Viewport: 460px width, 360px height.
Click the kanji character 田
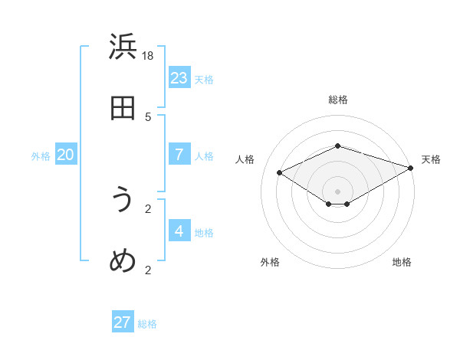123,108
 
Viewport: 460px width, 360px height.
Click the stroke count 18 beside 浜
148,56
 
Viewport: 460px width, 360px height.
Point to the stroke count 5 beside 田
148,116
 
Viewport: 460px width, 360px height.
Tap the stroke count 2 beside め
148,270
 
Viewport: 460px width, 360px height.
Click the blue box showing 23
179,77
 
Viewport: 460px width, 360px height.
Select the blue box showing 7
179,154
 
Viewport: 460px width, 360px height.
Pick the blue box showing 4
179,231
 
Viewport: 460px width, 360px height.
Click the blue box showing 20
66,154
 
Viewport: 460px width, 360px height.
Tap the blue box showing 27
123,322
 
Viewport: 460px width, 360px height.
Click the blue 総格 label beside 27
147,324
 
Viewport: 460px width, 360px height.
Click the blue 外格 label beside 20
41,156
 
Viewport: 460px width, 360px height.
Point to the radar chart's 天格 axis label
431,159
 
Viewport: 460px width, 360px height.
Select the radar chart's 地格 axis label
402,262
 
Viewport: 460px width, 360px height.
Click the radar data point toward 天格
412,168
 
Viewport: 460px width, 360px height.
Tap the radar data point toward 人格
280,173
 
